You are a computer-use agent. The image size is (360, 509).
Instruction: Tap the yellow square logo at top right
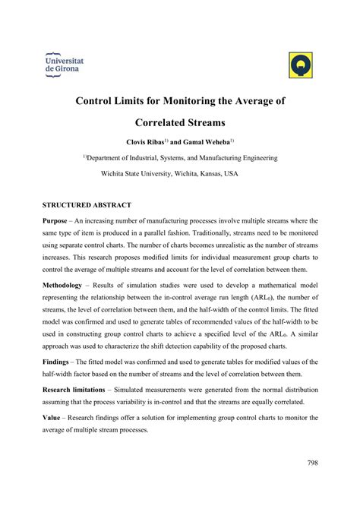[302, 66]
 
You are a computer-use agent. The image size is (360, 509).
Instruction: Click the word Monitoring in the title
[194, 100]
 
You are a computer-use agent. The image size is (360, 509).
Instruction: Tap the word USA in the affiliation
[231, 173]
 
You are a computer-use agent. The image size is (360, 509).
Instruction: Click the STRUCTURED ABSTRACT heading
[87, 205]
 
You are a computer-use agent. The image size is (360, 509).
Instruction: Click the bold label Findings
[59, 364]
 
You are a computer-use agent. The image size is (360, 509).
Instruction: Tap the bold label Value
[53, 418]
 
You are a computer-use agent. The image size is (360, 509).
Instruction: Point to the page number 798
[311, 462]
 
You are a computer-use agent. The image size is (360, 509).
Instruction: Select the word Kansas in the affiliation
[206, 173]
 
